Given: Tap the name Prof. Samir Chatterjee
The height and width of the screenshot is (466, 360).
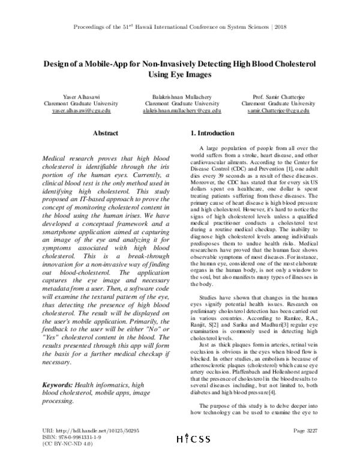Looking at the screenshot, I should click(284, 97).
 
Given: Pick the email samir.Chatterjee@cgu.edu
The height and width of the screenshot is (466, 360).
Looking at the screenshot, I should click(284, 111).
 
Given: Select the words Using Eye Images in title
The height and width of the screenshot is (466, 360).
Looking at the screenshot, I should click(179, 75).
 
